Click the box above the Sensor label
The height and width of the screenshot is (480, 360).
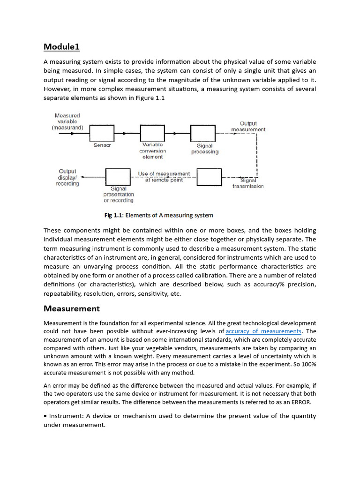[x=102, y=133]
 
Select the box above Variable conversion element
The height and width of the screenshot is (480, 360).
[x=153, y=133]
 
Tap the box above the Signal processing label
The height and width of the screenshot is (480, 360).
[x=203, y=133]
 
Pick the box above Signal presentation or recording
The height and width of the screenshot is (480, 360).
[x=118, y=177]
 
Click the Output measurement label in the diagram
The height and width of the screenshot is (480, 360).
[x=248, y=126]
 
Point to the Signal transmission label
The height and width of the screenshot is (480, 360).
[x=248, y=183]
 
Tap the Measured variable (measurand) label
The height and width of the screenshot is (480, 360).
[x=67, y=121]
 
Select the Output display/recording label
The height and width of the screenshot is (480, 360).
[x=67, y=178]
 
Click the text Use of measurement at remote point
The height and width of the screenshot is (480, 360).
[x=164, y=177]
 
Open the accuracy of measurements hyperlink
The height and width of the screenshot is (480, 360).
[x=263, y=331]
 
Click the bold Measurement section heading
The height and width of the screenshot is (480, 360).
[x=71, y=308]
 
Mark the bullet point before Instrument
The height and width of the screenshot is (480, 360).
[x=45, y=416]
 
